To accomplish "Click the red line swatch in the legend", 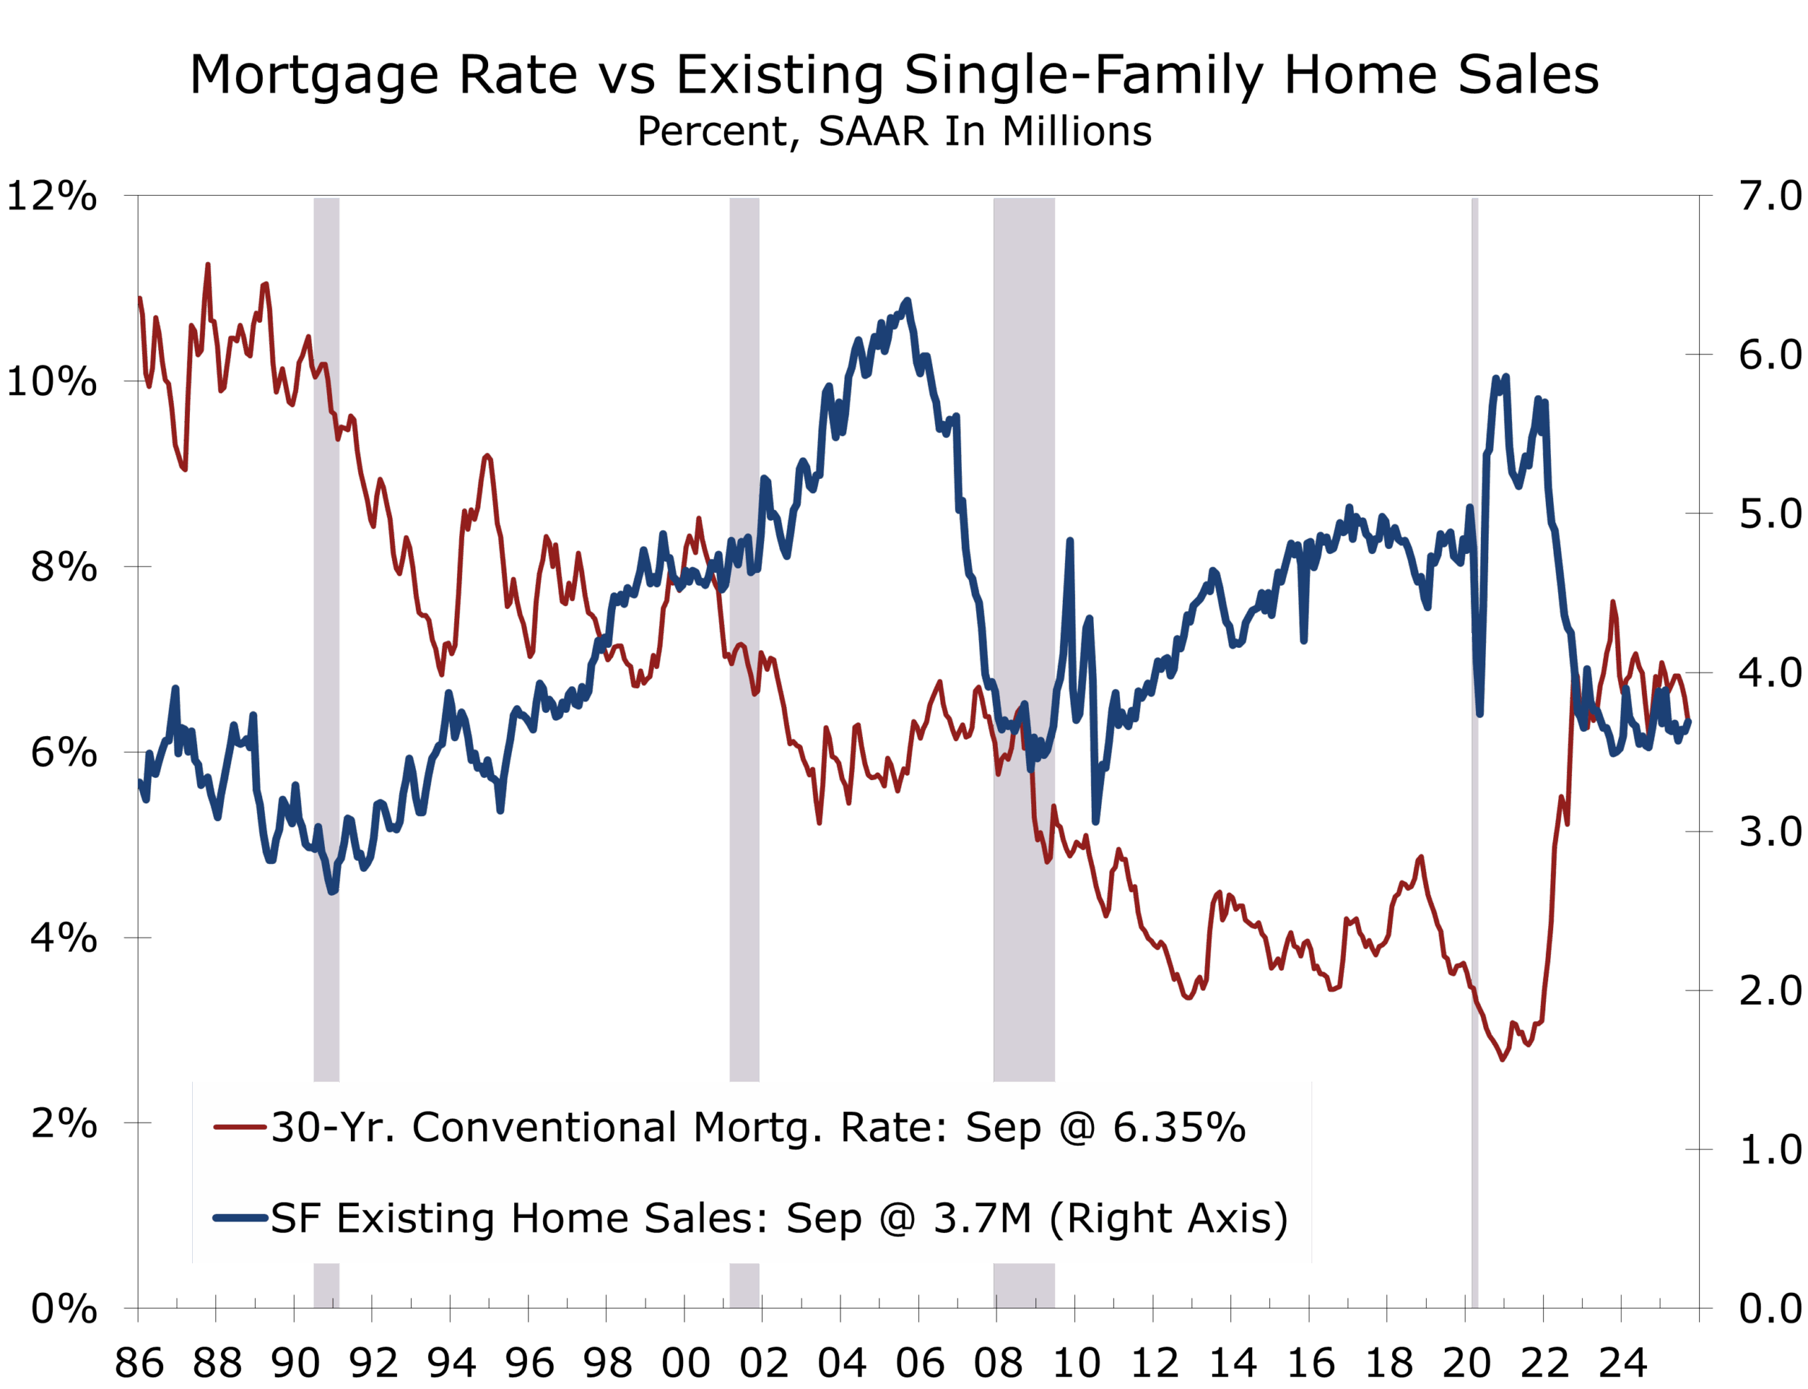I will [239, 1127].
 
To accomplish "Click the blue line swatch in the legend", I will [239, 1218].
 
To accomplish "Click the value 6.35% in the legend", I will [1179, 1127].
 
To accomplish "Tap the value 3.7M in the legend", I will [982, 1218].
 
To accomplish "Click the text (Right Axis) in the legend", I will [1168, 1219].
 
